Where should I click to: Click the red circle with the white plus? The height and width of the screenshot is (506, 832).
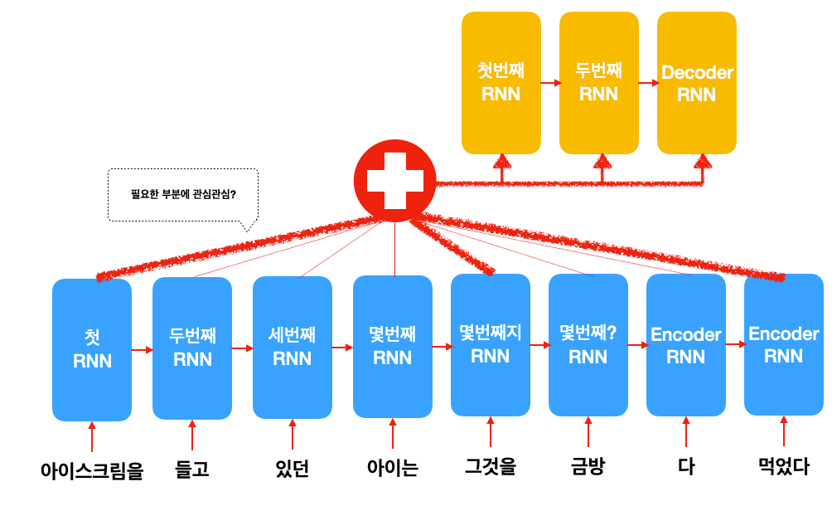pos(394,181)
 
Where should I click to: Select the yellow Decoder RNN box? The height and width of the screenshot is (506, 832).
pos(697,83)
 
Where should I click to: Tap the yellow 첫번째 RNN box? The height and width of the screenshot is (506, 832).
pos(501,83)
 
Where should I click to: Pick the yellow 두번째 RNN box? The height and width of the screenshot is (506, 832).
pos(598,83)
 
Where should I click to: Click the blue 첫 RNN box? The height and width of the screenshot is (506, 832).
pos(92,350)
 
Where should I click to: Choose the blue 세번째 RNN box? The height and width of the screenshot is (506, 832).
pos(293,348)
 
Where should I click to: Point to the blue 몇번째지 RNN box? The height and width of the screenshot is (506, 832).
pos(491,345)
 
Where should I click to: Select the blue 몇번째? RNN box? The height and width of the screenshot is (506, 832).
pos(588,345)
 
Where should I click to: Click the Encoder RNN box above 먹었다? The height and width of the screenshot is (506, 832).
pos(784,344)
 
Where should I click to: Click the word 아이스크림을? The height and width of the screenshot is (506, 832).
pos(92,470)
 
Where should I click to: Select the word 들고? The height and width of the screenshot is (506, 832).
pos(192,469)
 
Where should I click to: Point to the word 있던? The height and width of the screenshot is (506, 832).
pos(293,469)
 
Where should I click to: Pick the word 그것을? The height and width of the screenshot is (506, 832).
pos(491,466)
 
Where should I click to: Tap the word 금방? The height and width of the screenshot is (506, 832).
pos(588,466)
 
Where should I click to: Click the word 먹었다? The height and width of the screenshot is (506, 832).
pos(784,466)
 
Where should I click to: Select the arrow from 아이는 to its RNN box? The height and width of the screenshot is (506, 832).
pos(393,433)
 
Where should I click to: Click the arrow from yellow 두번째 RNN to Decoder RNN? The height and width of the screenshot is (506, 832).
pos(648,83)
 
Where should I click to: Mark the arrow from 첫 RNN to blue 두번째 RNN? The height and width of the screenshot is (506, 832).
pos(143,350)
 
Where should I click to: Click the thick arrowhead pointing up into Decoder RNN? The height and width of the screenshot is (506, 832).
pos(703,162)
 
